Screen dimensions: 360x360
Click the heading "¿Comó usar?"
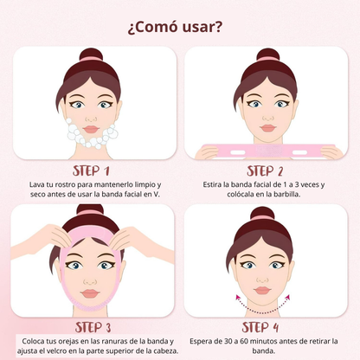pos(175,28)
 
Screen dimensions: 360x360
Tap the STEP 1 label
pos(91,170)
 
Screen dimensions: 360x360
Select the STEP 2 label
pos(265,170)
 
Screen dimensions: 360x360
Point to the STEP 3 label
pos(93,327)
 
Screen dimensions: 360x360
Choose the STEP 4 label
pos(260,327)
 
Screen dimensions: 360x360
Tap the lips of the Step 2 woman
pos(268,128)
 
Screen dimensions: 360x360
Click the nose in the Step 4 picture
pos(262,280)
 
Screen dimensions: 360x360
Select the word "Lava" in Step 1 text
pos(35,184)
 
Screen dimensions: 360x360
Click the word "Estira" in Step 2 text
pos(212,184)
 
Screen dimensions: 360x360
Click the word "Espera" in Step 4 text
pos(201,342)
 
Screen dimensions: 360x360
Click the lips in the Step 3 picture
pos(90,293)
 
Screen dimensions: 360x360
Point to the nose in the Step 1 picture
pos(91,119)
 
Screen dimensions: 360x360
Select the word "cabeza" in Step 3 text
pos(166,351)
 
